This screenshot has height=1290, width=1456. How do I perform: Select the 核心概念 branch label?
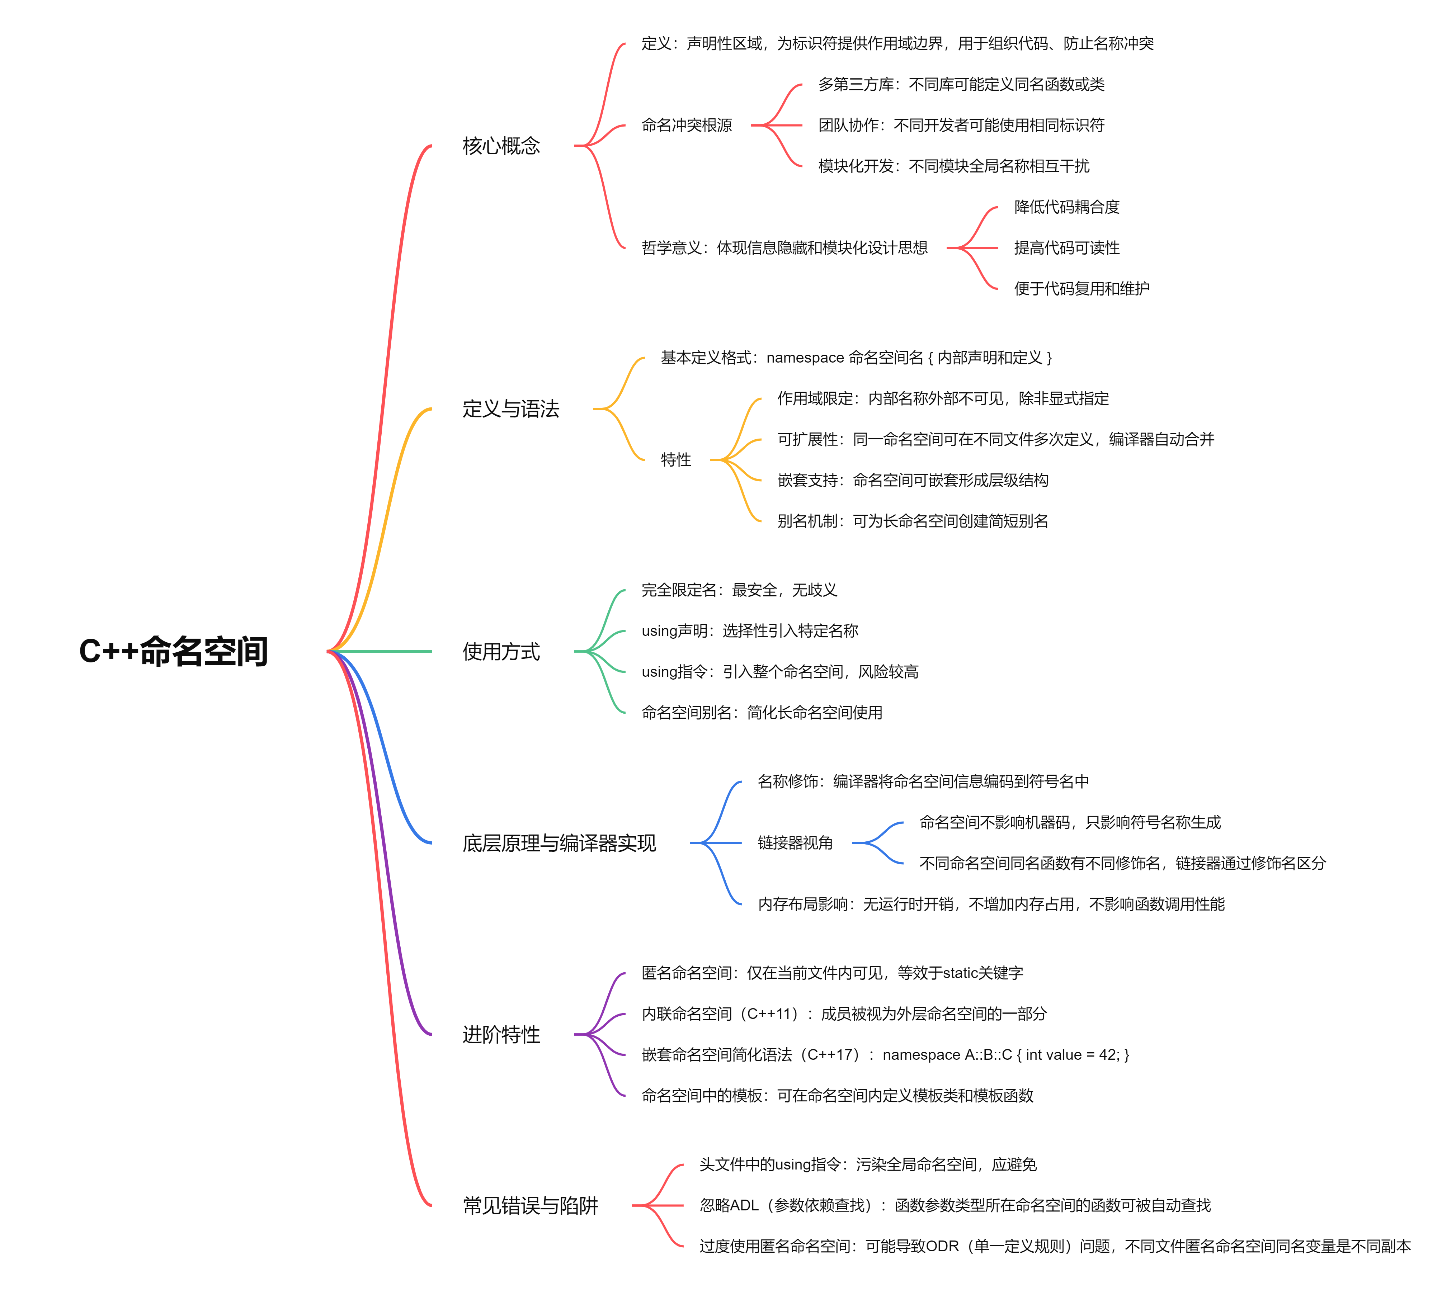pos(501,146)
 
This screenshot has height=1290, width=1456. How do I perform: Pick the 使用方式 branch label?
pos(501,651)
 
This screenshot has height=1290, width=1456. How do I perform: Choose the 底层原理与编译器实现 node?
pos(559,844)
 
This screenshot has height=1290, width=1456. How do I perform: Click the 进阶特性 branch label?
pos(501,1034)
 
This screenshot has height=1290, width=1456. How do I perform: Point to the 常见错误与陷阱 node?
pos(530,1205)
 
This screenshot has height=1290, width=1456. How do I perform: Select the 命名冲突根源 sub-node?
pos(686,126)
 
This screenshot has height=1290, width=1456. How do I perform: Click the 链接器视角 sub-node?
pos(795,844)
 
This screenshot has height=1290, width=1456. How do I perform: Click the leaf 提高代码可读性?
pos(1066,248)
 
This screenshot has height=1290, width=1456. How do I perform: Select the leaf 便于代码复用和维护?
pos(1081,288)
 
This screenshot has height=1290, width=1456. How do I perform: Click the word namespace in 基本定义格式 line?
pos(805,358)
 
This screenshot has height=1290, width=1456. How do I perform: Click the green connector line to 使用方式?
pos(385,651)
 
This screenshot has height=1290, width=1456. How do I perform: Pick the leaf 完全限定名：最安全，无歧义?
pos(739,590)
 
